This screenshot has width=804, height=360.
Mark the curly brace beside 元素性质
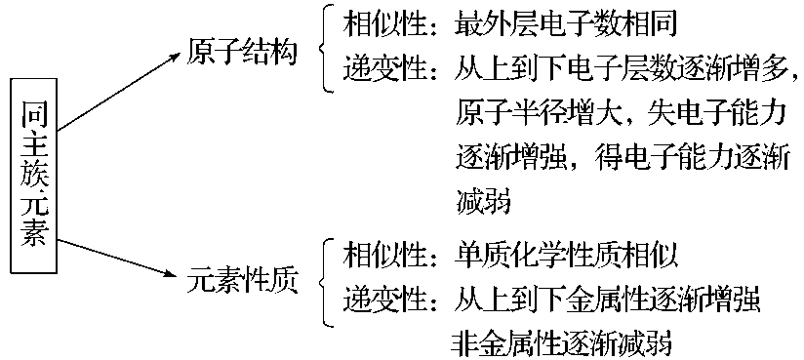[325, 280]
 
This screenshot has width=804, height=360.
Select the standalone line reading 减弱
[483, 203]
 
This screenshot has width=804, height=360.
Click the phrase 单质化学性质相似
[565, 256]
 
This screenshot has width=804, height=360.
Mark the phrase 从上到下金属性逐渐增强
[612, 300]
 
